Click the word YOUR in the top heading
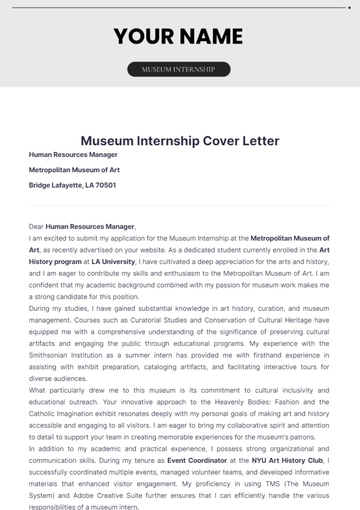(146, 37)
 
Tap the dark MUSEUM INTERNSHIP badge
(179, 70)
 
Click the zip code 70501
(102, 185)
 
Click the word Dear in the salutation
(37, 229)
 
